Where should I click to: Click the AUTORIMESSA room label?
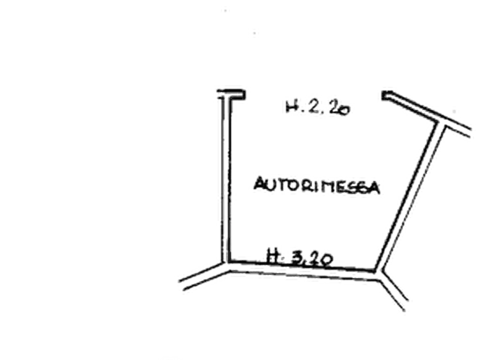pyautogui.click(x=317, y=185)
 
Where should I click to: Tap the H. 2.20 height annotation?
pyautogui.click(x=318, y=107)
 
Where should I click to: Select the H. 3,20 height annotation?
pyautogui.click(x=299, y=257)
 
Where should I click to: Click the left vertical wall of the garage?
pyautogui.click(x=226, y=179)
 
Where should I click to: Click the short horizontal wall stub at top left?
pyautogui.click(x=231, y=94)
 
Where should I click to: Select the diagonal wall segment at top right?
pyautogui.click(x=427, y=113)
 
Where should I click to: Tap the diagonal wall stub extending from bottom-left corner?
pyautogui.click(x=204, y=276)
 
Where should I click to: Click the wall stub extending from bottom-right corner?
pyautogui.click(x=393, y=290)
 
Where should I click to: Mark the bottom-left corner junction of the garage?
pyautogui.click(x=227, y=267)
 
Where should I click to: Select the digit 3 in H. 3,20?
pyautogui.click(x=297, y=258)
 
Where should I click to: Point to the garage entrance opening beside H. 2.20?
pyautogui.click(x=314, y=95)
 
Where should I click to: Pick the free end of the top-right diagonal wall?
pyautogui.click(x=385, y=95)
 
